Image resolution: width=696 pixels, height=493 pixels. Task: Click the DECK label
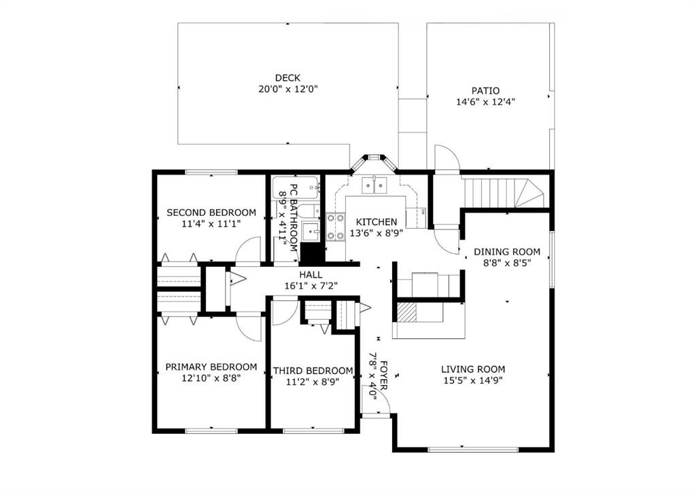point(288,78)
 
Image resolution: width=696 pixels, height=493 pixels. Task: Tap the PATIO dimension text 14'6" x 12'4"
point(485,102)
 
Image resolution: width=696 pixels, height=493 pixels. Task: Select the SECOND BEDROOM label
point(211,213)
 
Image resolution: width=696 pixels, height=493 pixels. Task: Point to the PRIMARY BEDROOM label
point(211,367)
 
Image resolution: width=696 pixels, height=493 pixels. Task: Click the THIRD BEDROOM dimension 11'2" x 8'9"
point(313,382)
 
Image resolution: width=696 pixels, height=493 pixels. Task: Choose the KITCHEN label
point(377,221)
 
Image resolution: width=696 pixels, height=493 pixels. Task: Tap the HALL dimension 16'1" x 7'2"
point(311,286)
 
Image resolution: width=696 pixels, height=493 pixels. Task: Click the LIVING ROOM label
point(473,369)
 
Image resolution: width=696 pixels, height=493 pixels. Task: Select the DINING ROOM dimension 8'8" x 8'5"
point(507,263)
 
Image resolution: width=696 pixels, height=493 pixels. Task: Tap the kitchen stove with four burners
point(336,226)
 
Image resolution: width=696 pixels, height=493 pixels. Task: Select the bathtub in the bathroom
point(296,188)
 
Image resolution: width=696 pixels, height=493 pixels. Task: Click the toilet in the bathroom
point(308,211)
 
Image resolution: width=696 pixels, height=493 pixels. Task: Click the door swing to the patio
point(446,158)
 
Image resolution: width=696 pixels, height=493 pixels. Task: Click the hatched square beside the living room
point(406,312)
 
